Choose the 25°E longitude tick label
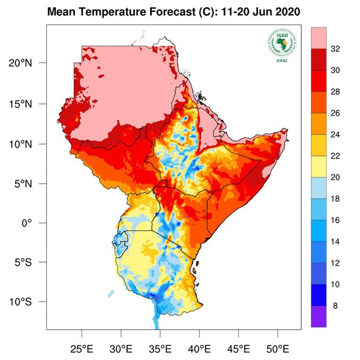tap(82, 349)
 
